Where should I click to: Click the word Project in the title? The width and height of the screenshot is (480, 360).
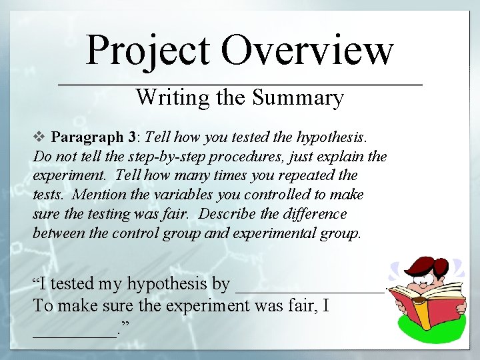149,50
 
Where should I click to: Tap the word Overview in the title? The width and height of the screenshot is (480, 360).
307,50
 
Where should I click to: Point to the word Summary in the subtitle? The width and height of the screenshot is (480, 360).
298,98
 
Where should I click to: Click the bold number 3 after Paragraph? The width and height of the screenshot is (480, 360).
131,137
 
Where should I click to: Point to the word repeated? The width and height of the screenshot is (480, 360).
296,176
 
